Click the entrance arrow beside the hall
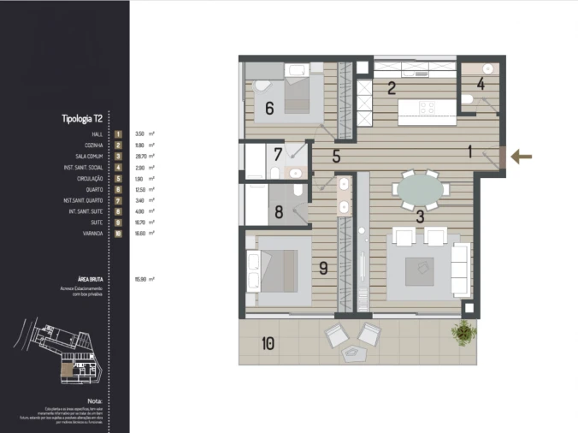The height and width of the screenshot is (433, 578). [x=522, y=157]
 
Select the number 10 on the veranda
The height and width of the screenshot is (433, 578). [x=268, y=344]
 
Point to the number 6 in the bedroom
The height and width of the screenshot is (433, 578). [x=268, y=109]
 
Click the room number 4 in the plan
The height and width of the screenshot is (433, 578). [x=481, y=84]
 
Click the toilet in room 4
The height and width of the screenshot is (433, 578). [x=468, y=100]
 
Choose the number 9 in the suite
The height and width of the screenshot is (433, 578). [x=322, y=267]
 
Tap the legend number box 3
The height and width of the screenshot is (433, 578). [x=118, y=157]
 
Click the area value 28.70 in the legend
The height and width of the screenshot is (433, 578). [x=139, y=157]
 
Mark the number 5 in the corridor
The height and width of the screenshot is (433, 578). [x=336, y=157]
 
